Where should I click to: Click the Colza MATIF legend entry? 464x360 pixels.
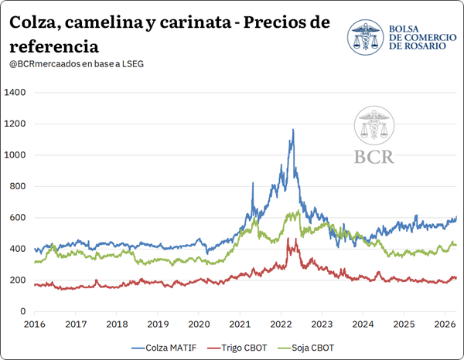coord(164,348)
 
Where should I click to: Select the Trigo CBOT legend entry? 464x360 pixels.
coord(237,348)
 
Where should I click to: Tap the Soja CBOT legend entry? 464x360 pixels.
coord(306,348)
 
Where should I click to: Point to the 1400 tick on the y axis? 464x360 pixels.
coord(15,93)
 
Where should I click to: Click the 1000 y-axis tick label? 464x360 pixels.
coord(15,155)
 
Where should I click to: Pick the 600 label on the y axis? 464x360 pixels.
coord(18,218)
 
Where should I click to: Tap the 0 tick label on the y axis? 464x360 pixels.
coord(22,311)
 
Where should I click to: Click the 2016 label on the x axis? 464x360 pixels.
coord(35,324)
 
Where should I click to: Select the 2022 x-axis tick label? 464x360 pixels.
coord(281,324)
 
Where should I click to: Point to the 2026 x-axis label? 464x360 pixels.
coord(445,324)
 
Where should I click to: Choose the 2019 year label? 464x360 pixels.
coord(158,324)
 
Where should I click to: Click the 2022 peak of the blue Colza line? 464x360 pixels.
coord(293,129)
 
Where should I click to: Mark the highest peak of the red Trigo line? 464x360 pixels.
coord(288,238)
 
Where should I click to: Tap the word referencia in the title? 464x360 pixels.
coord(54,46)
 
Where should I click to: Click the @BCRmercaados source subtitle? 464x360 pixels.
coord(77,64)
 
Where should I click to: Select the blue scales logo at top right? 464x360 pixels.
coord(366,37)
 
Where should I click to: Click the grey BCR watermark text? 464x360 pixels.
coord(374,157)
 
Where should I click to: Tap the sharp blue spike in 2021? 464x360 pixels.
coord(253,183)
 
